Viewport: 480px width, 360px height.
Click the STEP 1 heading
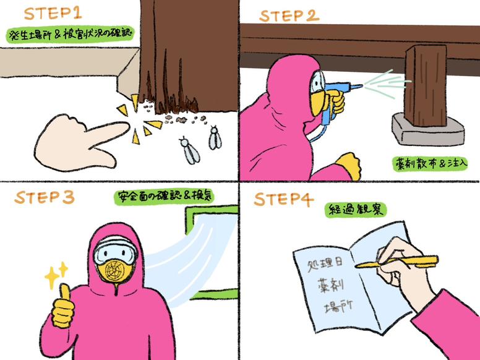[53, 13]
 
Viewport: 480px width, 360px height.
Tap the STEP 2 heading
[289, 16]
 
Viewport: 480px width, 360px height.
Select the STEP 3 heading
[45, 197]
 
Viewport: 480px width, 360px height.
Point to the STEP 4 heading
[283, 199]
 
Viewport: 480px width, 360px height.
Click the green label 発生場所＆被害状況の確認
[70, 34]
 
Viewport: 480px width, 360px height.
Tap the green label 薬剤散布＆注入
[430, 164]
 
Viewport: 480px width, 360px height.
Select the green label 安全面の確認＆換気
[164, 197]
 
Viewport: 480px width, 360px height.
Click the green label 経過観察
[356, 210]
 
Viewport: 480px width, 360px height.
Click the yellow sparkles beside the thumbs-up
[56, 275]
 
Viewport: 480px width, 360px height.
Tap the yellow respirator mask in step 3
[115, 271]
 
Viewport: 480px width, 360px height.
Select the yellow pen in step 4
[396, 262]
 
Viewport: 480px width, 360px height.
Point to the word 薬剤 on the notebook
[331, 285]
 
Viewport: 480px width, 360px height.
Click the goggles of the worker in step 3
[116, 251]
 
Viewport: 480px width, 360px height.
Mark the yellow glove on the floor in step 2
[349, 165]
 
